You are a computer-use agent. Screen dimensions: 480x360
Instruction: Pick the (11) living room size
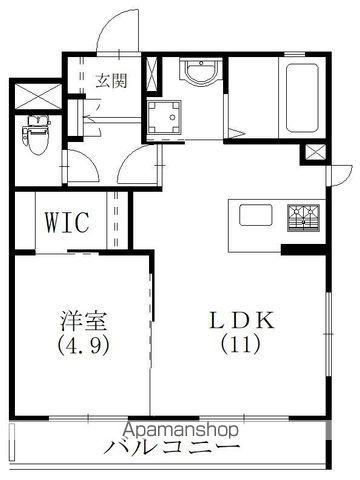(240, 347)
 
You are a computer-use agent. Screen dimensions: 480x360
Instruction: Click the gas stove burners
(304, 215)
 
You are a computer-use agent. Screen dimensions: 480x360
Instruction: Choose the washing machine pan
(162, 118)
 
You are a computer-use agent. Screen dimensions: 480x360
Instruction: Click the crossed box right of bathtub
(314, 153)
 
